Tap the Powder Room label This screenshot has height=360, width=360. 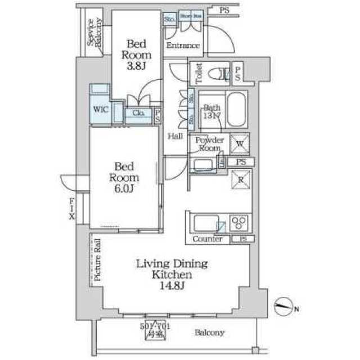210,143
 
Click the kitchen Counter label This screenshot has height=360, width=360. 208,239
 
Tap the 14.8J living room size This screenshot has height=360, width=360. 172,286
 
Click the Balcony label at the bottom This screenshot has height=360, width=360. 210,332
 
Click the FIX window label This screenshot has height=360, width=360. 72,209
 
